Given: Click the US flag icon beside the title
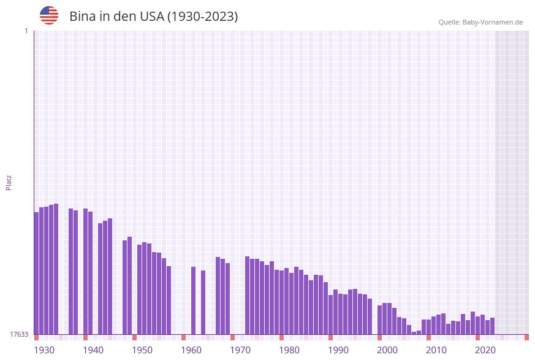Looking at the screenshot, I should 49,15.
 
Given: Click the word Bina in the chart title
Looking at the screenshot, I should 82,17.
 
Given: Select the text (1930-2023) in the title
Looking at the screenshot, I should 202,17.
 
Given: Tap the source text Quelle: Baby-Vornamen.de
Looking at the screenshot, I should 480,22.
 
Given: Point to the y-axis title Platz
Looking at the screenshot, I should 9,182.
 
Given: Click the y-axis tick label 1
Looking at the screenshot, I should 26,31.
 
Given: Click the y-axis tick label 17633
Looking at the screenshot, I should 19,334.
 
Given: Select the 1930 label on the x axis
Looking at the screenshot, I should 44,350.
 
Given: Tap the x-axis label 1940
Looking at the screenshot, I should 93,350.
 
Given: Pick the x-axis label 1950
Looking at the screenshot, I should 142,350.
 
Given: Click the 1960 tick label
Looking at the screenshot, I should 191,350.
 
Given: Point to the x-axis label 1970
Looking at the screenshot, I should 240,350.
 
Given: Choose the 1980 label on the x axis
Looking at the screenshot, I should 289,350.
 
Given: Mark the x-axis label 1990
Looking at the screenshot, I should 338,350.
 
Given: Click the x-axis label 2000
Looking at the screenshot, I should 387,350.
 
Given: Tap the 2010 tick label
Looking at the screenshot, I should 436,350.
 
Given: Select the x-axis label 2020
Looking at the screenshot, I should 485,350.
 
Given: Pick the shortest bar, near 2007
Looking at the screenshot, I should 414,333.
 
